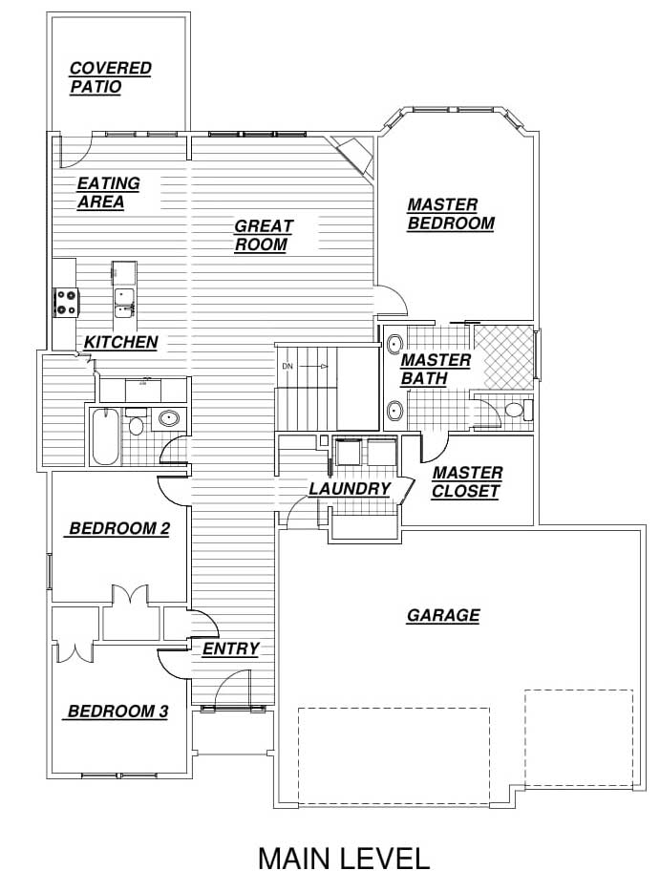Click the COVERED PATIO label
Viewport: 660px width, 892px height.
pos(111,77)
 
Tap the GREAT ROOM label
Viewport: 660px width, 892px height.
pos(264,236)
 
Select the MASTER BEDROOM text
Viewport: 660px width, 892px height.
pos(451,214)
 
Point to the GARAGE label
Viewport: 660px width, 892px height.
pos(443,616)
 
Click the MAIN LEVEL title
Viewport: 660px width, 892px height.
pos(344,859)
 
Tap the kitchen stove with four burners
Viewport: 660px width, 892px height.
pos(66,303)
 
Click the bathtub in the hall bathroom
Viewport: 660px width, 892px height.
pos(105,436)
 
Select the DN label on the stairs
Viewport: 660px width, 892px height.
pos(287,367)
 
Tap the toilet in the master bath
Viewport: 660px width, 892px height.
pos(517,410)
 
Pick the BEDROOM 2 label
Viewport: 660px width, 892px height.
pos(119,528)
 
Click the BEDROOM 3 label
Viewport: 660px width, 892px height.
pos(117,711)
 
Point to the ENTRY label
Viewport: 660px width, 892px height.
pos(230,648)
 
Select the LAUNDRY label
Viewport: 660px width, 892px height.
pos(350,489)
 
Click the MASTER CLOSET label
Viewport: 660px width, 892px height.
pos(466,482)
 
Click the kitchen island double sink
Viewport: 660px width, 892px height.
pos(124,303)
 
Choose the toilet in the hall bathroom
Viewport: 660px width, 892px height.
pos(135,422)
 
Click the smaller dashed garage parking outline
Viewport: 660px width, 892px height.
pos(579,738)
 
